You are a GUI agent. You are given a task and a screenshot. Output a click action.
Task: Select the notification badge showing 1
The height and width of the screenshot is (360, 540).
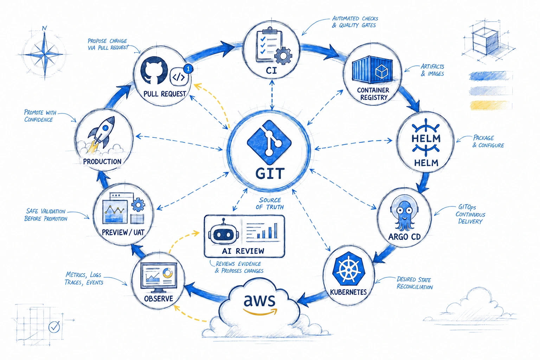click(x=188, y=69)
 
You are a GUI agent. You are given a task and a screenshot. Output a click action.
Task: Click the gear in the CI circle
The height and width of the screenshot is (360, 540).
click(x=283, y=56)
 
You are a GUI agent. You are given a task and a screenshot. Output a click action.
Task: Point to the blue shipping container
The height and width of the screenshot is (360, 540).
click(x=372, y=68)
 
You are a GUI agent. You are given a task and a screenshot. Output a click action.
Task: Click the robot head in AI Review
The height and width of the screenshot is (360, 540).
click(x=224, y=232)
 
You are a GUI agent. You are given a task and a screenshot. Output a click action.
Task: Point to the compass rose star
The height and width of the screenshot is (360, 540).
click(x=45, y=54)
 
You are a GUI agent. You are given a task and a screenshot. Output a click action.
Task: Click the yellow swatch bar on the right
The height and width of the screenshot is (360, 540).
click(x=490, y=105)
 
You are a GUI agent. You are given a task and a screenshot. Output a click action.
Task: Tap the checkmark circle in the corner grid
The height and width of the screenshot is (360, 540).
click(x=54, y=327)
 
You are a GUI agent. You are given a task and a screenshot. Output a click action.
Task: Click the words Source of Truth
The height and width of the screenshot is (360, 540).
click(x=270, y=204)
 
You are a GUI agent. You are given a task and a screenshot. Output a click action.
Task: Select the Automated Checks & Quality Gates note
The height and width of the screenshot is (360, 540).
click(x=355, y=22)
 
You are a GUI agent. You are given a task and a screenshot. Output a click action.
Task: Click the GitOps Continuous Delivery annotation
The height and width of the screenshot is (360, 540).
click(x=470, y=214)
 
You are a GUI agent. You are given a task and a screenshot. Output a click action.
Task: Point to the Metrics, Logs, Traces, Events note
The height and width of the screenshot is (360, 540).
click(x=84, y=278)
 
